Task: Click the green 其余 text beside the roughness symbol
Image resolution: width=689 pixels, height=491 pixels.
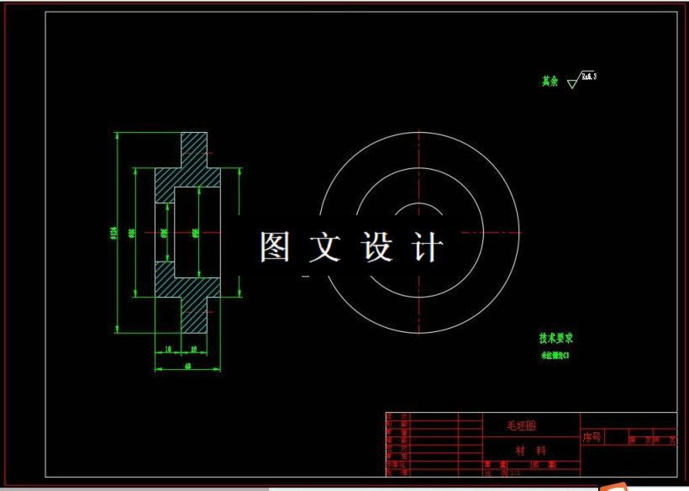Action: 550,82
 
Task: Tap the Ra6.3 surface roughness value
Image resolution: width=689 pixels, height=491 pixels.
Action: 588,77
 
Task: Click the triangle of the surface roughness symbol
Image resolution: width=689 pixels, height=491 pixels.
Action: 573,83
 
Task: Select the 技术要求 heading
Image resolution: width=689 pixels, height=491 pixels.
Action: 555,338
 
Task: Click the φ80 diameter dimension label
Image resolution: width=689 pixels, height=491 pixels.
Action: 132,233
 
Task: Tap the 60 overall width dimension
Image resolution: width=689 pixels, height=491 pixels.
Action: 187,366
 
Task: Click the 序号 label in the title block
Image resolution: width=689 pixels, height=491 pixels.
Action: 592,437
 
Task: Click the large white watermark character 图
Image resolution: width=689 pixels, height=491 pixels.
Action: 275,247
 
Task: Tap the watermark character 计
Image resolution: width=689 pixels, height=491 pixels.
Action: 428,247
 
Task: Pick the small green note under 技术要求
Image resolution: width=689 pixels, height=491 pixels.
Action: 555,356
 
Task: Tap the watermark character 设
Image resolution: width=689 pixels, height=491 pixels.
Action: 377,247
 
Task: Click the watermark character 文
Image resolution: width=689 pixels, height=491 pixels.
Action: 326,247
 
